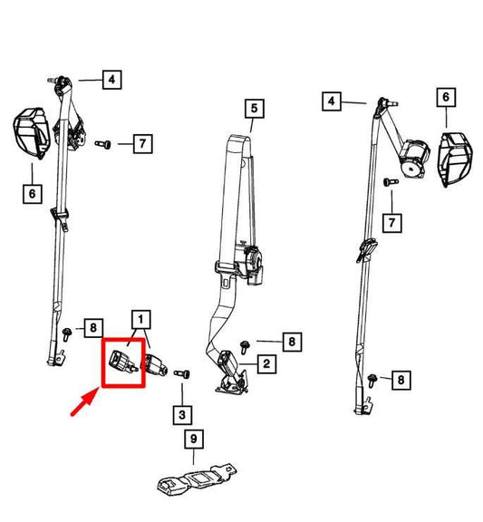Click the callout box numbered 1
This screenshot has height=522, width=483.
tap(141, 320)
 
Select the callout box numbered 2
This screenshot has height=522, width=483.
tap(266, 364)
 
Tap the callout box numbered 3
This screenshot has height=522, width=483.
tap(182, 415)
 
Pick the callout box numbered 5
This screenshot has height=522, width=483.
tap(255, 109)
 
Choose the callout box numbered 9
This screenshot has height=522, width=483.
tap(194, 439)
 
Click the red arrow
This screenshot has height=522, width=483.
tap(84, 402)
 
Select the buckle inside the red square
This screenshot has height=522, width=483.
tap(123, 362)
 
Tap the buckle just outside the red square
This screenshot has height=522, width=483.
tap(155, 364)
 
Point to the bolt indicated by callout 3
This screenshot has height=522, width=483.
tap(182, 374)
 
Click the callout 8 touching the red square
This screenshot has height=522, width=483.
tap(93, 328)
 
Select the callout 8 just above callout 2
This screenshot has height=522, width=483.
tap(292, 342)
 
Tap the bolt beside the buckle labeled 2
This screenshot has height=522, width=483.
tap(245, 347)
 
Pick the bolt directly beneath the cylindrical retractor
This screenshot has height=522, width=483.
tap(391, 182)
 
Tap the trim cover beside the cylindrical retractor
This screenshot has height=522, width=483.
tap(455, 159)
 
